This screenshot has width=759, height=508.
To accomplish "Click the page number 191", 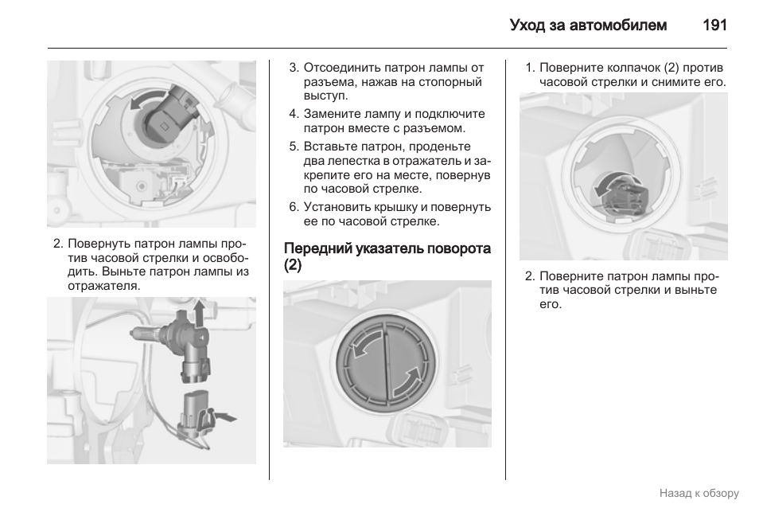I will tap(714, 25).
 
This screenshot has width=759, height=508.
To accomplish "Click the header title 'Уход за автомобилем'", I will tap(588, 25).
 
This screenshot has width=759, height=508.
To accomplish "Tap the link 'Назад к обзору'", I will tap(699, 493).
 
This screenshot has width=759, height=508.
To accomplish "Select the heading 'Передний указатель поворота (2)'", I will tap(387, 257).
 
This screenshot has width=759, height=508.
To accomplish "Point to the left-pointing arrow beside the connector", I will tap(226, 416).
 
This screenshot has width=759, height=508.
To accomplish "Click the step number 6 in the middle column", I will tap(293, 207).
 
